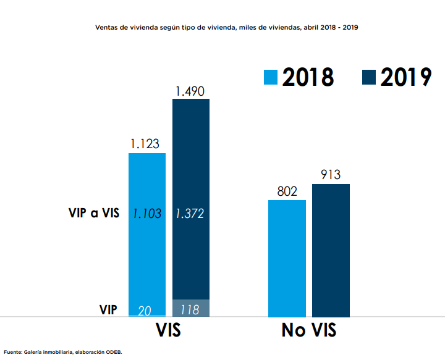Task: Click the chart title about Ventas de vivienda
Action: point(227,28)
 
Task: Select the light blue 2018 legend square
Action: point(271,77)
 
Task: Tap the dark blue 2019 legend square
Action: point(369,77)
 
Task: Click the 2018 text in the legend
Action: point(308,77)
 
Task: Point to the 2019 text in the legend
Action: point(405,77)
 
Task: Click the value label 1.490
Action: point(190,91)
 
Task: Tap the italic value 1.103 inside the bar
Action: point(146,214)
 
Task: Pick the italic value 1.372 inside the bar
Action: point(190,214)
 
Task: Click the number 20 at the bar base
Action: point(145,310)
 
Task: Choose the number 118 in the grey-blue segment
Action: point(190,309)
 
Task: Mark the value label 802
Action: point(287,191)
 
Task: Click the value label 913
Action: point(331,175)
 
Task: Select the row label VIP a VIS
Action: point(93,214)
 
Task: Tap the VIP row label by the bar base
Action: point(108,309)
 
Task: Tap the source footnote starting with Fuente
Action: point(63,352)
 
